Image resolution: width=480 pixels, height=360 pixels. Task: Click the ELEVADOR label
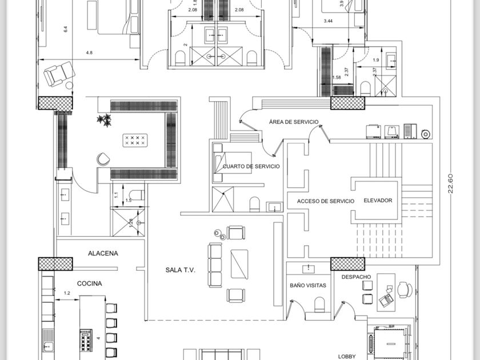[378, 201]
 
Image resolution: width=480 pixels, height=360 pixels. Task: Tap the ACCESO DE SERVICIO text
[326, 201]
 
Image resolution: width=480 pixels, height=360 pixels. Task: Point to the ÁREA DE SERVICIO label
[294, 122]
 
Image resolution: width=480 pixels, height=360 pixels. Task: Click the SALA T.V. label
[181, 270]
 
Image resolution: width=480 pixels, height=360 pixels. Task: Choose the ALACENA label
[103, 253]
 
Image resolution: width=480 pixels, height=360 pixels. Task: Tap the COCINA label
[90, 283]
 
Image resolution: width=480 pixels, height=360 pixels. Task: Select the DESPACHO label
[356, 277]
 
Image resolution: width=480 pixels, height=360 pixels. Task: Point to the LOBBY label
[347, 356]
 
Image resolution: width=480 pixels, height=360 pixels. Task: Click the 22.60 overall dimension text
[450, 183]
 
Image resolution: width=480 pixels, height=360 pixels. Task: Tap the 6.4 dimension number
[65, 29]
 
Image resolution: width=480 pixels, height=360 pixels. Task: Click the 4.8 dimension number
[89, 53]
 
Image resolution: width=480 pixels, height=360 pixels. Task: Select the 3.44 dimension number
[328, 21]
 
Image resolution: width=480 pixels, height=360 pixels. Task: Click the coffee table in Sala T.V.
[240, 263]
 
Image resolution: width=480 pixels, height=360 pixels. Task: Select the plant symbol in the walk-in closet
[104, 120]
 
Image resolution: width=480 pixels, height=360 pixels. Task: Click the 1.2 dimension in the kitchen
[66, 293]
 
